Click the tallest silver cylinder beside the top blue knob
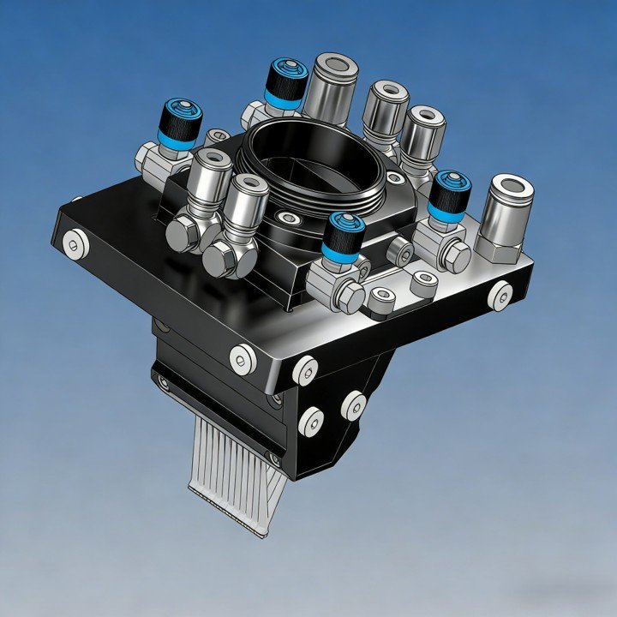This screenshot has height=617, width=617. pyautogui.click(x=331, y=86)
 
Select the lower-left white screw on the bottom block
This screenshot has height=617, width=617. pyautogui.click(x=311, y=420)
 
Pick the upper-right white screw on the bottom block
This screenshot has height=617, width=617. pyautogui.click(x=353, y=404)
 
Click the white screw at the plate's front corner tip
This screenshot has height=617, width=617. pyautogui.click(x=305, y=370)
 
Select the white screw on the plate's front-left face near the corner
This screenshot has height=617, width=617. pyautogui.click(x=243, y=357)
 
